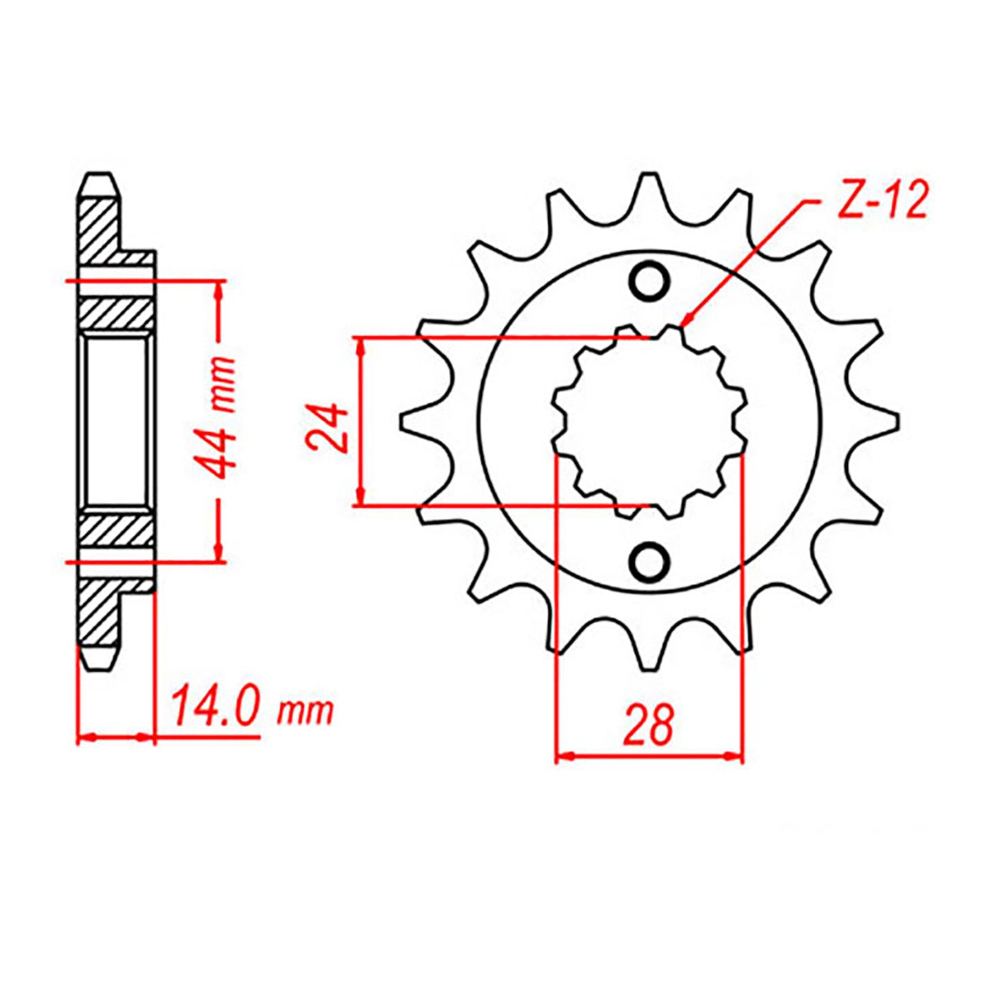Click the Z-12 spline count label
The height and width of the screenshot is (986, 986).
point(883,202)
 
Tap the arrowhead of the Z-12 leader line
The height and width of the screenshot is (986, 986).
point(688,319)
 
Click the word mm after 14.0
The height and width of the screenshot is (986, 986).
point(305,712)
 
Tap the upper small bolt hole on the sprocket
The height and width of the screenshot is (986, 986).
point(649,281)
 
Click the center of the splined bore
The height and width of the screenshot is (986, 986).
point(649,422)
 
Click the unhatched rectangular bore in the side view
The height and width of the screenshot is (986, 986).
point(116,422)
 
